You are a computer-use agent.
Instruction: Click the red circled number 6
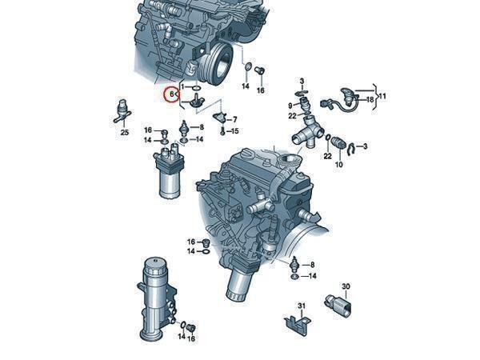pyautogui.click(x=171, y=94)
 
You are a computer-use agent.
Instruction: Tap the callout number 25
pyautogui.click(x=125, y=133)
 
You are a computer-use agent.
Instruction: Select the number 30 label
pyautogui.click(x=346, y=287)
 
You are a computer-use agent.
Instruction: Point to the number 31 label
pyautogui.click(x=302, y=306)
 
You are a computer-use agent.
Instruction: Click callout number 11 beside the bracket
pyautogui.click(x=382, y=97)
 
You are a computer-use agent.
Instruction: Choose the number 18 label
pyautogui.click(x=370, y=99)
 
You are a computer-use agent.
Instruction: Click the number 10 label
pyautogui.click(x=339, y=164)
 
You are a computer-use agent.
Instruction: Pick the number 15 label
pyautogui.click(x=234, y=131)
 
